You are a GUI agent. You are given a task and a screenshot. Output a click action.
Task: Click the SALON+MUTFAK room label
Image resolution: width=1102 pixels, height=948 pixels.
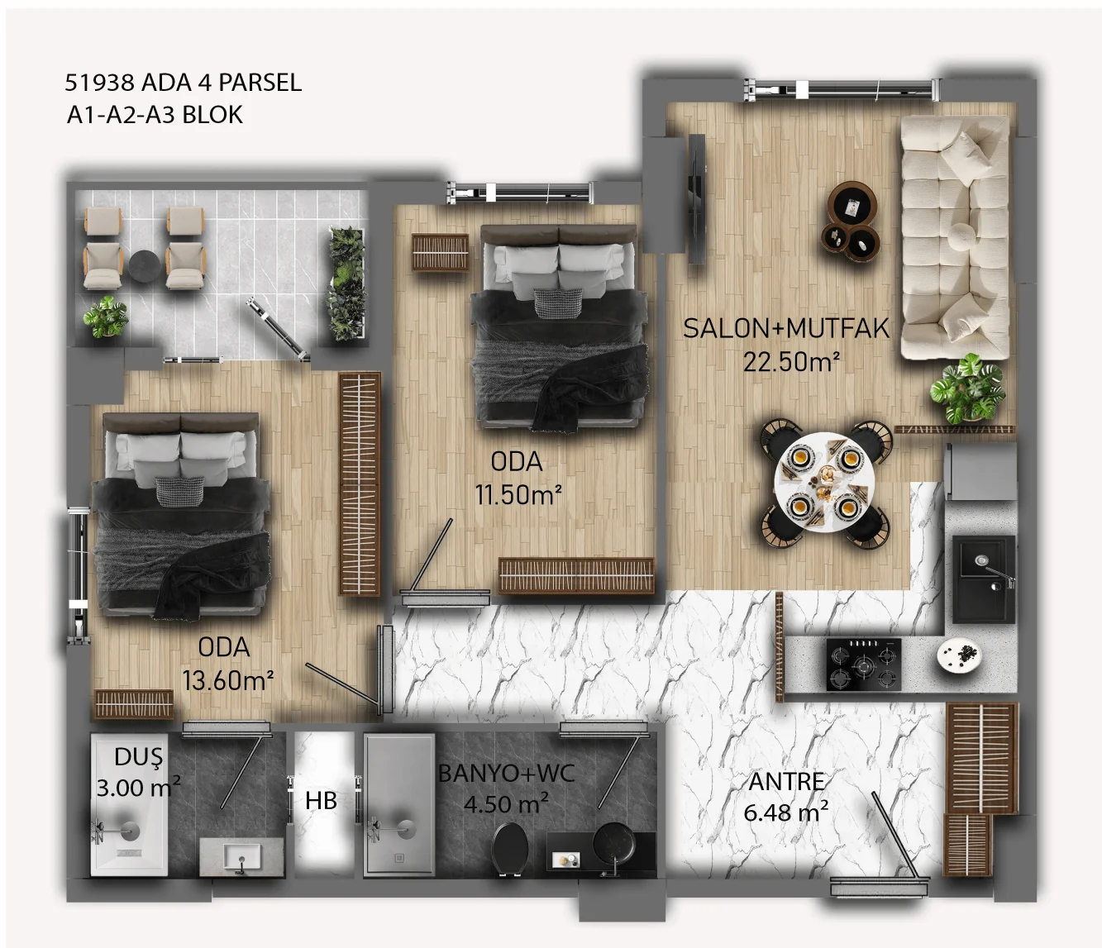pos(786,328)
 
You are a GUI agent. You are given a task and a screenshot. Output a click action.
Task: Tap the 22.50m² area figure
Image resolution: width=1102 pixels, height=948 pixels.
pos(792,362)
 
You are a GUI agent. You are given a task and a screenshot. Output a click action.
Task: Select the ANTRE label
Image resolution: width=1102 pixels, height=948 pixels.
pos(787,782)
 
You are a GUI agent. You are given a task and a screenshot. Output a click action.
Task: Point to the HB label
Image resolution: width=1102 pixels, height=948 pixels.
pos(321,800)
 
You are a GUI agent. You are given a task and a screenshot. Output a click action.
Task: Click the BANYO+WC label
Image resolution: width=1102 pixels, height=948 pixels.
pos(506,774)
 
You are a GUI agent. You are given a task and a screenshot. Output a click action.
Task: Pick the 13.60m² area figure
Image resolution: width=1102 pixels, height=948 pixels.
pos(228,680)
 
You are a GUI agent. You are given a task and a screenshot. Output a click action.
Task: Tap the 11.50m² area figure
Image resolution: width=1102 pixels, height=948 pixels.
pos(518,494)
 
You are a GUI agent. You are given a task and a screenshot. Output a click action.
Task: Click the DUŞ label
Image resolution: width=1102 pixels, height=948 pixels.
pos(138,757)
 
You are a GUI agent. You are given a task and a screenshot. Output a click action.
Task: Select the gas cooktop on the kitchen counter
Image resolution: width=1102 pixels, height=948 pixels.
pos(864,665)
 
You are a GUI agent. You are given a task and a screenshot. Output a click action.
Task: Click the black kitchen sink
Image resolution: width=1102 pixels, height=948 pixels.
pos(984,579)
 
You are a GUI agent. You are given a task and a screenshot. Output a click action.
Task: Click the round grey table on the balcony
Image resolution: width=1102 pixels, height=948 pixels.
pos(144,265)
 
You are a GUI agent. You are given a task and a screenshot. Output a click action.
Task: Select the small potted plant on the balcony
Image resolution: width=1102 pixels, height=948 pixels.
pos(106,317)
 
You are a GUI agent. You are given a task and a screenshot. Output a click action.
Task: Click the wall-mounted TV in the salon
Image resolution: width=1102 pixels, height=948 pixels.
pos(696,198)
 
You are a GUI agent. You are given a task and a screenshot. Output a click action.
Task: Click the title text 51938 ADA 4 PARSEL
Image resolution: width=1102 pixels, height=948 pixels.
pos(184,83)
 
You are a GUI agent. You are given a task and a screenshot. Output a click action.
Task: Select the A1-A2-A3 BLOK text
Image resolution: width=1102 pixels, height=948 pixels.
pos(155,115)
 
